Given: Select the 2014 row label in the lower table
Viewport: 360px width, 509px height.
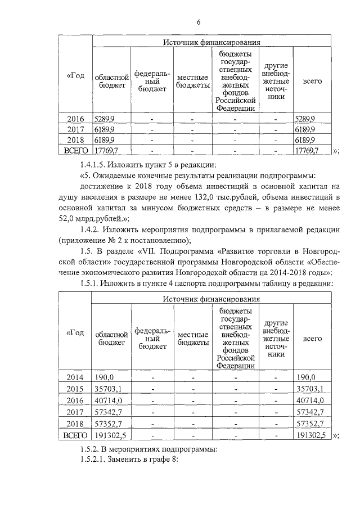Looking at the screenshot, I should pyautogui.click(x=75, y=377).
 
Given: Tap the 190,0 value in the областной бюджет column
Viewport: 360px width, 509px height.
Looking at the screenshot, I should pyautogui.click(x=105, y=377).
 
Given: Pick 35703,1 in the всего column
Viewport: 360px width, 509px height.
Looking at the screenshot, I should pyautogui.click(x=309, y=389).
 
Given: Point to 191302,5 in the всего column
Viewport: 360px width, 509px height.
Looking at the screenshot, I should pyautogui.click(x=311, y=435).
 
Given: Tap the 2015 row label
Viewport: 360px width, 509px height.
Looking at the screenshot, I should pyautogui.click(x=75, y=389).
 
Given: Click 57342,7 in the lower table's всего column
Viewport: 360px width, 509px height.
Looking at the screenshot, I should pyautogui.click(x=309, y=412).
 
